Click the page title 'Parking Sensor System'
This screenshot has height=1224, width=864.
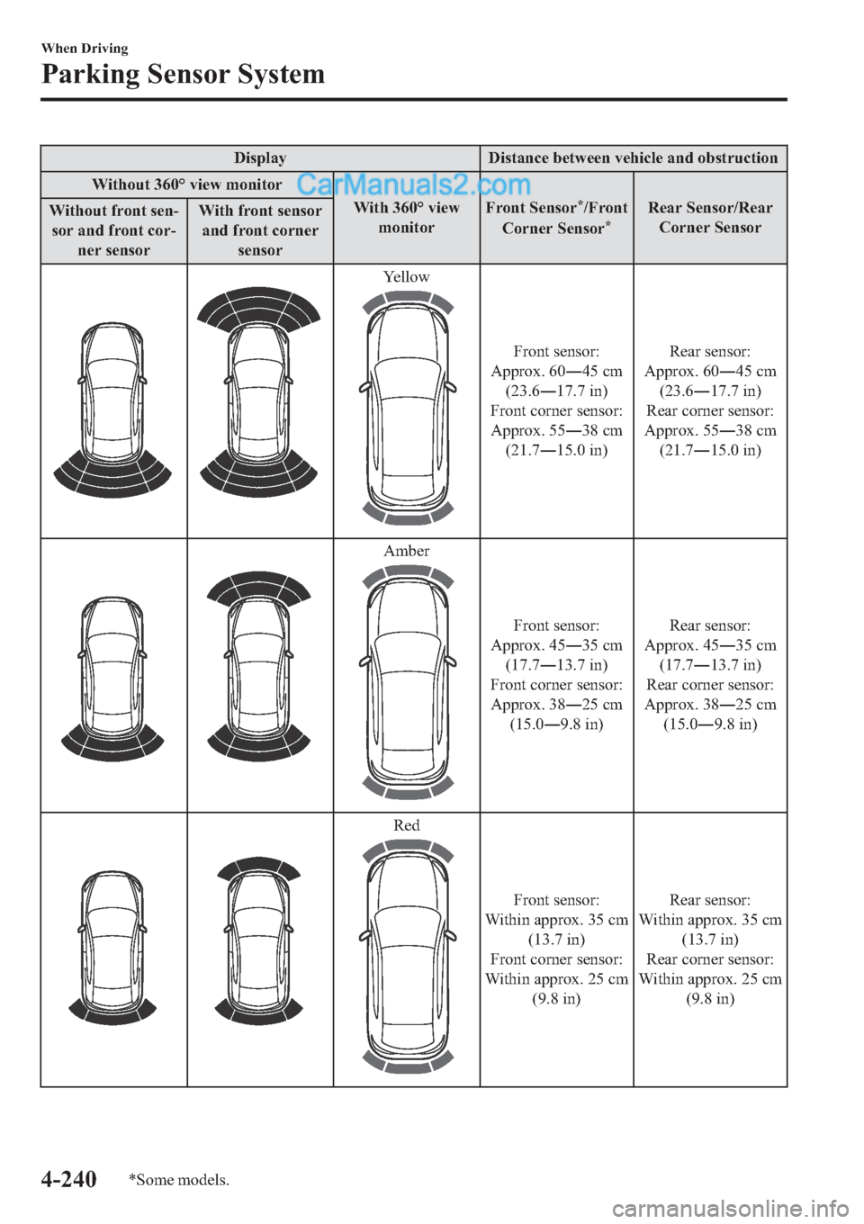pos(183,74)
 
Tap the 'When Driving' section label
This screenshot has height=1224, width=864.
pos(85,49)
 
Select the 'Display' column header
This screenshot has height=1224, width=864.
pos(260,158)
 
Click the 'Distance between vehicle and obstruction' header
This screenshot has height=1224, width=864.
pos(633,158)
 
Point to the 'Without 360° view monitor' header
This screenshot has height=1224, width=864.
pos(187,184)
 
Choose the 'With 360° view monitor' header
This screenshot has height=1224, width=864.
pos(406,218)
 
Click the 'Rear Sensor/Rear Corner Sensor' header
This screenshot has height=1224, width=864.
pos(710,218)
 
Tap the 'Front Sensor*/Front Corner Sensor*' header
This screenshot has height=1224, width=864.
pos(556,218)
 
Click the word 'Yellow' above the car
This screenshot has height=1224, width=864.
pos(406,277)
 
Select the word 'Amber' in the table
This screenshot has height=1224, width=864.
pos(406,551)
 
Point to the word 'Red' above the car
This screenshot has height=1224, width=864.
pos(406,825)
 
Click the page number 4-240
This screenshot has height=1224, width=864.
pos(68,1178)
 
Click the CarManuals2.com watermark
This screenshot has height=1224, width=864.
pos(413,184)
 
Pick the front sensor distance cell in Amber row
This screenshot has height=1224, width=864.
pos(556,675)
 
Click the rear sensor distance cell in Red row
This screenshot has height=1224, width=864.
pos(710,949)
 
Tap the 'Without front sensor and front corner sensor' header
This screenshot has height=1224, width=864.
pos(113,230)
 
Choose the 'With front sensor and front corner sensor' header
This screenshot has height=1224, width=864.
pos(260,230)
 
